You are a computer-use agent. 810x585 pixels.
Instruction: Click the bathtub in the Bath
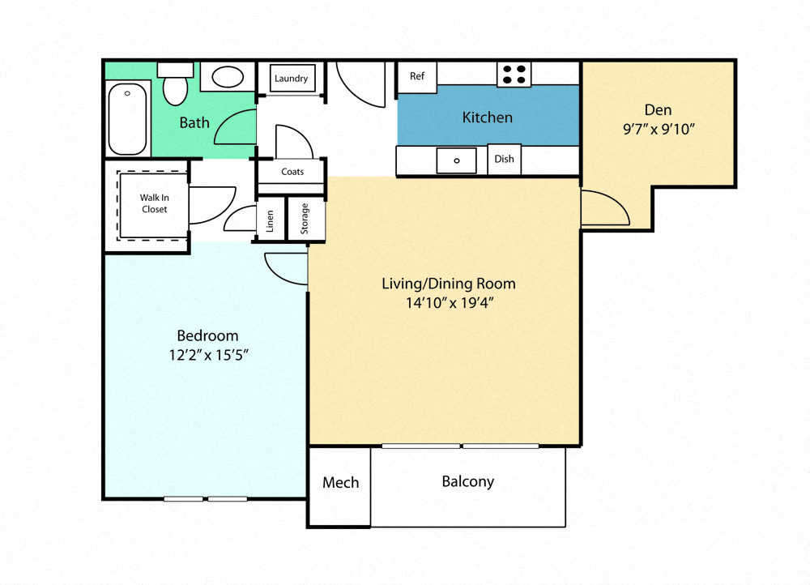(128, 119)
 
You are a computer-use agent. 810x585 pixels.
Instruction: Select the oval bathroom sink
(228, 78)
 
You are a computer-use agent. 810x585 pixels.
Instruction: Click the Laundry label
(291, 79)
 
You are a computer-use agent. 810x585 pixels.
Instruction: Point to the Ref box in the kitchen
(417, 76)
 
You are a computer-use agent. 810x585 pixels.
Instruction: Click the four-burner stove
(514, 75)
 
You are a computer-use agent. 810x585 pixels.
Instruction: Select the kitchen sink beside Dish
(456, 160)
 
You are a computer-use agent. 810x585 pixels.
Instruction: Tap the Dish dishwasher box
(505, 160)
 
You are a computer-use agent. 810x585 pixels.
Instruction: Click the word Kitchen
(487, 117)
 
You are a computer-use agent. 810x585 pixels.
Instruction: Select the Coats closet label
(292, 172)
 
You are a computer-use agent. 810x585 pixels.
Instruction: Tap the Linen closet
(271, 220)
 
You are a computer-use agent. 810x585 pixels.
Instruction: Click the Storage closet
(305, 219)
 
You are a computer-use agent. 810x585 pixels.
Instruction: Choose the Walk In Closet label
(153, 203)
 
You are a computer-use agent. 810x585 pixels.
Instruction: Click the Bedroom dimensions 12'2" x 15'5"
(208, 354)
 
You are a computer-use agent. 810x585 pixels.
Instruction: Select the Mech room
(340, 483)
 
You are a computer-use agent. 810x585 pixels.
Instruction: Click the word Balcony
(467, 481)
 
